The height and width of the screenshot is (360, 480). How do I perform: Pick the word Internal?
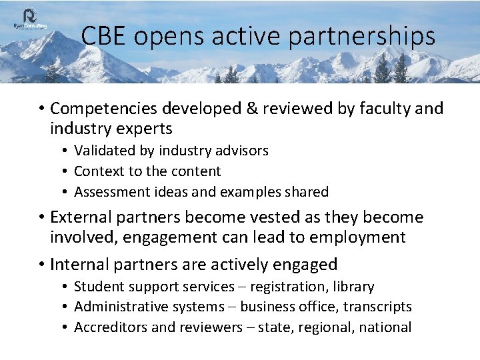click(80, 265)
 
